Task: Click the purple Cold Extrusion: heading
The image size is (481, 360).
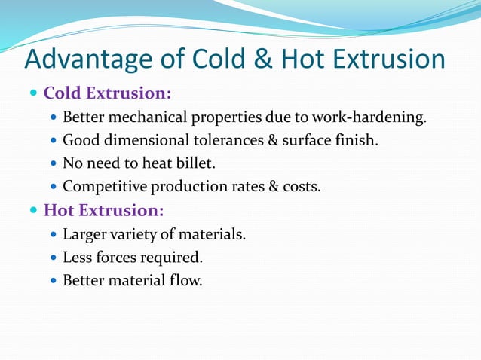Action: click(108, 94)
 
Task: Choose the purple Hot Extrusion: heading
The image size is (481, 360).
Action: click(104, 209)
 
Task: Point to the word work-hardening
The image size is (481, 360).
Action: click(373, 117)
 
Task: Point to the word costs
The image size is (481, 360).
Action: click(300, 186)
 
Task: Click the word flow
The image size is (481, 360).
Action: click(187, 280)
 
